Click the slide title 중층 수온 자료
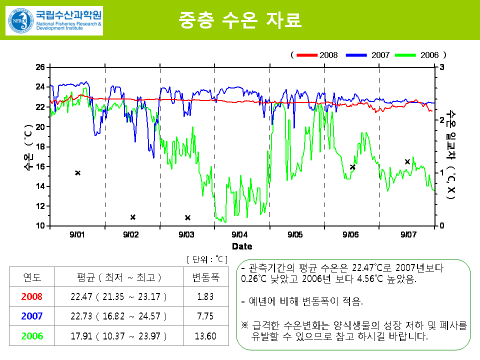240,20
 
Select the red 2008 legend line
306,55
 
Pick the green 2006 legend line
405,55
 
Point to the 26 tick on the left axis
40,67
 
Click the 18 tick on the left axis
40,146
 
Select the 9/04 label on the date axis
240,234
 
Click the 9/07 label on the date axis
408,234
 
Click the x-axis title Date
242,246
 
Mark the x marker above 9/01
78,173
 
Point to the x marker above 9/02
133,217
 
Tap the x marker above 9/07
407,161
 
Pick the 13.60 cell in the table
205,336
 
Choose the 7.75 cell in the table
205,316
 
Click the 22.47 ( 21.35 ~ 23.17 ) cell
118,296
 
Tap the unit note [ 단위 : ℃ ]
207,259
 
